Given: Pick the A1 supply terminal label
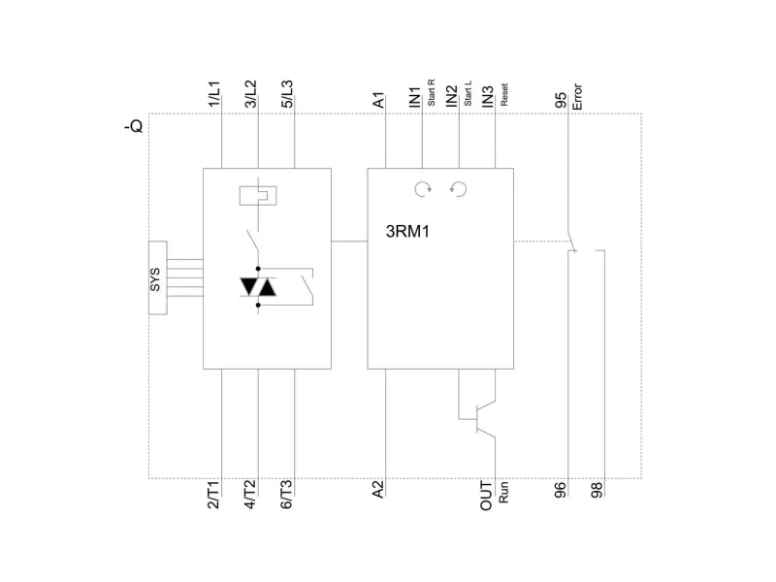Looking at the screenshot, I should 379,100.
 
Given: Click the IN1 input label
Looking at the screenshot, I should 415,96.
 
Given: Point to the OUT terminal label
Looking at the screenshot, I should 487,496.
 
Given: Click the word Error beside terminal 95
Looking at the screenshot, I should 577,94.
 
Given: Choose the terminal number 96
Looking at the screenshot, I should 561,490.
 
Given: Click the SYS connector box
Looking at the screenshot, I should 155,286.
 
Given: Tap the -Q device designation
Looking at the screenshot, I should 134,126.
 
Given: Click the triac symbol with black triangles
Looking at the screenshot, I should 258,286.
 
